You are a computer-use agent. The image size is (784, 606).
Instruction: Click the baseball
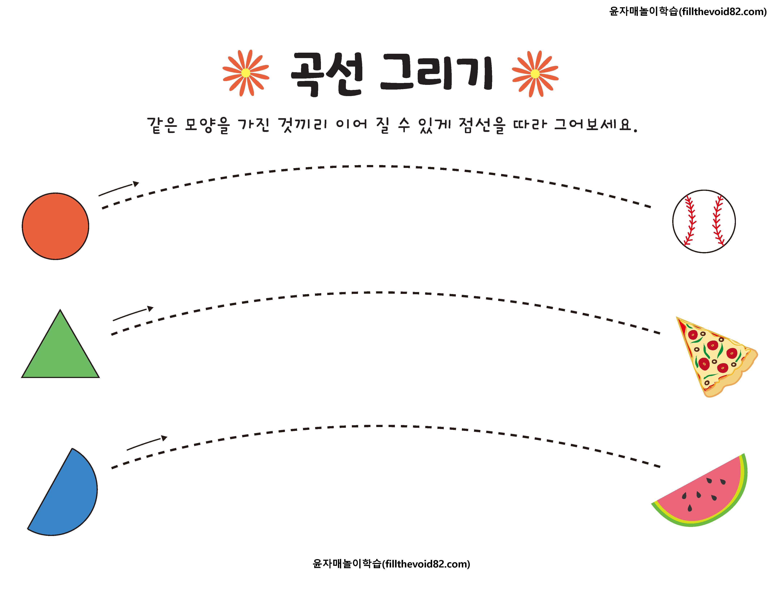704,221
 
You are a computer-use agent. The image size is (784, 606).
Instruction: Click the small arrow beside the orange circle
118,189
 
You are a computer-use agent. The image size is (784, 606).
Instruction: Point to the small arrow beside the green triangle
133,314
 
